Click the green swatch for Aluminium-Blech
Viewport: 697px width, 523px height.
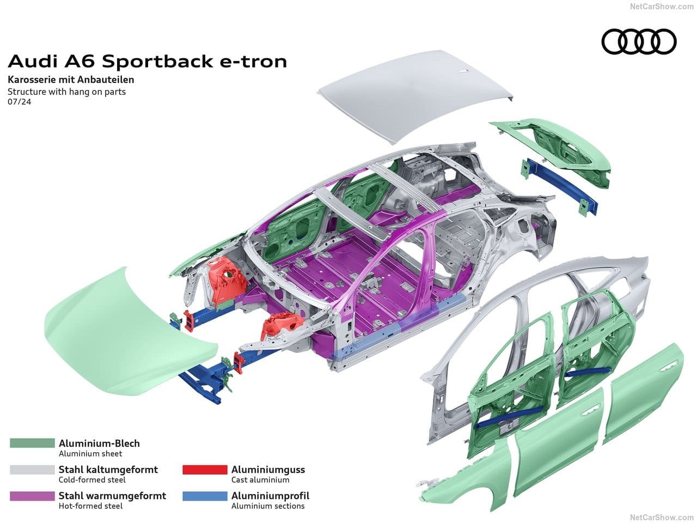[32, 443]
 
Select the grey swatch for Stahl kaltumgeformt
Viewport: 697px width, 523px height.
[32, 469]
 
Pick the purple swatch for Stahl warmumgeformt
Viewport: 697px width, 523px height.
[32, 496]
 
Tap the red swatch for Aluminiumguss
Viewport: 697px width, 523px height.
[205, 469]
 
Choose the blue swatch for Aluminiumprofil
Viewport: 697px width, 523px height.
[205, 496]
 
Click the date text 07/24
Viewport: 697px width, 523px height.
[20, 102]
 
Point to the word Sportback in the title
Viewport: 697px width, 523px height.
[157, 62]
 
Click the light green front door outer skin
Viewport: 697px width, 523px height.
[559, 445]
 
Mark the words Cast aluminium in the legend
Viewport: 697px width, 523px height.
[260, 480]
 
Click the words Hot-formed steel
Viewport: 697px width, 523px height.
[90, 506]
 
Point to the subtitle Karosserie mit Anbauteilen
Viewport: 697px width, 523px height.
[71, 80]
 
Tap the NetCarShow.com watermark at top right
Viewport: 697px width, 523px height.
[662, 7]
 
